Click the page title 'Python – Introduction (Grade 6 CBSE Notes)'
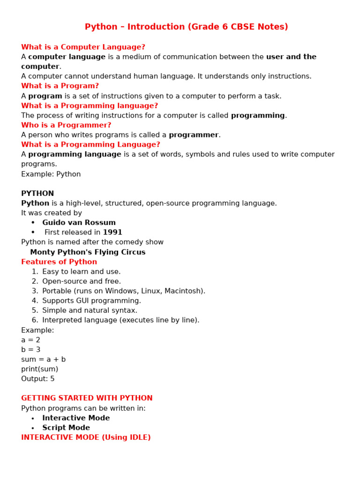point(186,27)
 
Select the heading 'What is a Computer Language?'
point(83,47)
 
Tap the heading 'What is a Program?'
point(60,86)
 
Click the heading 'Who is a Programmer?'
point(66,125)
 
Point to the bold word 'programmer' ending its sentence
point(194,135)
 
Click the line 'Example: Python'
point(51,174)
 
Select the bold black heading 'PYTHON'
point(37,194)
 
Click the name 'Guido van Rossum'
point(79,223)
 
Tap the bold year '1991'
point(112,232)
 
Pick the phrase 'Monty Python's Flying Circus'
point(88,252)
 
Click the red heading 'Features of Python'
point(59,262)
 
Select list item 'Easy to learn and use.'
point(81,272)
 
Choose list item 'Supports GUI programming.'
point(91,301)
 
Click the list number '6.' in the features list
point(35,320)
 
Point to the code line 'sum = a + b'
point(43,360)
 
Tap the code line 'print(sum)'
point(39,369)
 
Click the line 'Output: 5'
point(37,379)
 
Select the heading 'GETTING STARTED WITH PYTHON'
point(87,398)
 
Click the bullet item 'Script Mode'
point(66,428)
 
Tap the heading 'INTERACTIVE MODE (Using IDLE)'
point(86,437)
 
